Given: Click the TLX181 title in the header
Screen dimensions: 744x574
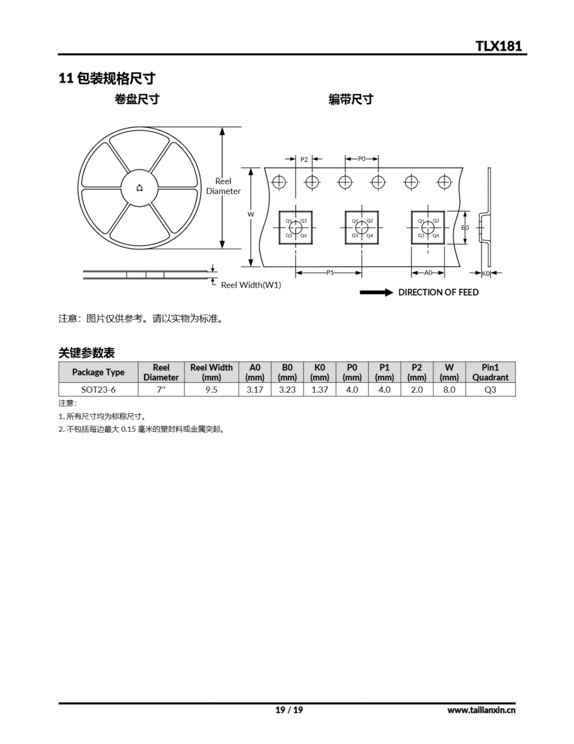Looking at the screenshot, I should click(499, 46).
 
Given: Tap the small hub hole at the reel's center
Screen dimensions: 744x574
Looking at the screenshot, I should click(140, 188).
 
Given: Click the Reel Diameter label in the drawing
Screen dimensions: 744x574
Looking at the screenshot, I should click(223, 186).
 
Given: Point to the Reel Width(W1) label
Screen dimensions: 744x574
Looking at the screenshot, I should click(251, 285).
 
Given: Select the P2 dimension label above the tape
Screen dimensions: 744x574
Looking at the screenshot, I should click(304, 159).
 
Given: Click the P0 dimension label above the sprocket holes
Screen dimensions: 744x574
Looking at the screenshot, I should click(361, 159).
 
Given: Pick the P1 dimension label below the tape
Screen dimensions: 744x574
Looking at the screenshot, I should click(330, 273).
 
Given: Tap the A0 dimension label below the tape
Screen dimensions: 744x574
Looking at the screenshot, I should click(428, 273).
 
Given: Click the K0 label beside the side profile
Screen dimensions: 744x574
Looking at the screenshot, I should click(486, 273).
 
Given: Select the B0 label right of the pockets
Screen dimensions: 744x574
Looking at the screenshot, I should click(465, 227).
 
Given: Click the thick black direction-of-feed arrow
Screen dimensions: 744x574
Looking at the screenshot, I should click(376, 292).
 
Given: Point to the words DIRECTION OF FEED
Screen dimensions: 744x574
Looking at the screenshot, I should click(438, 292).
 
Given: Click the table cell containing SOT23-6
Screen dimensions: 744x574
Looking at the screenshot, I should click(98, 389).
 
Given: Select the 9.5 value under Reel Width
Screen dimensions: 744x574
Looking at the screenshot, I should click(211, 389).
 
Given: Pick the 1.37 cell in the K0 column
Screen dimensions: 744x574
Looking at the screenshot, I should click(320, 389).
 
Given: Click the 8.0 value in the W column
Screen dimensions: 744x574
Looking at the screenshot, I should click(449, 389).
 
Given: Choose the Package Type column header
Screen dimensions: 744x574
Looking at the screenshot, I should click(98, 372).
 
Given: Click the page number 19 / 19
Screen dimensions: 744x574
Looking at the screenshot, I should click(289, 710).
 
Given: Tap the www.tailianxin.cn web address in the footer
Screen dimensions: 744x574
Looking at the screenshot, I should click(481, 710).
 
